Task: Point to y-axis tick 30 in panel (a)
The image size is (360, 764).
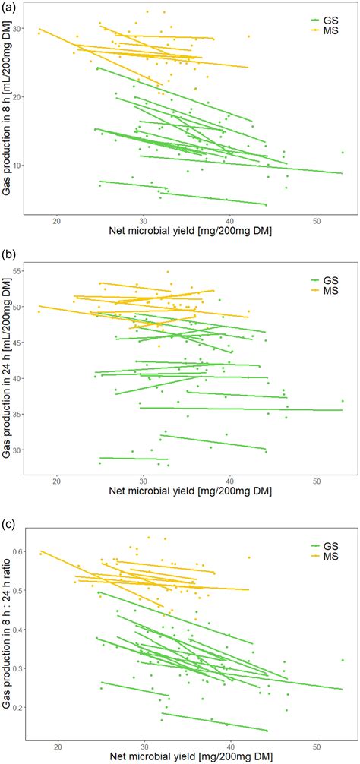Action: tap(21, 29)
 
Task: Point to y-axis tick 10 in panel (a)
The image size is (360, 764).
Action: tap(21, 165)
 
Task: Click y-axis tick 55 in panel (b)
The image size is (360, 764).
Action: tap(21, 270)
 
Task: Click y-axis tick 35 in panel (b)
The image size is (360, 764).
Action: tap(21, 414)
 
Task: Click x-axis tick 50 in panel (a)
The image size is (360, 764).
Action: tap(317, 221)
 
